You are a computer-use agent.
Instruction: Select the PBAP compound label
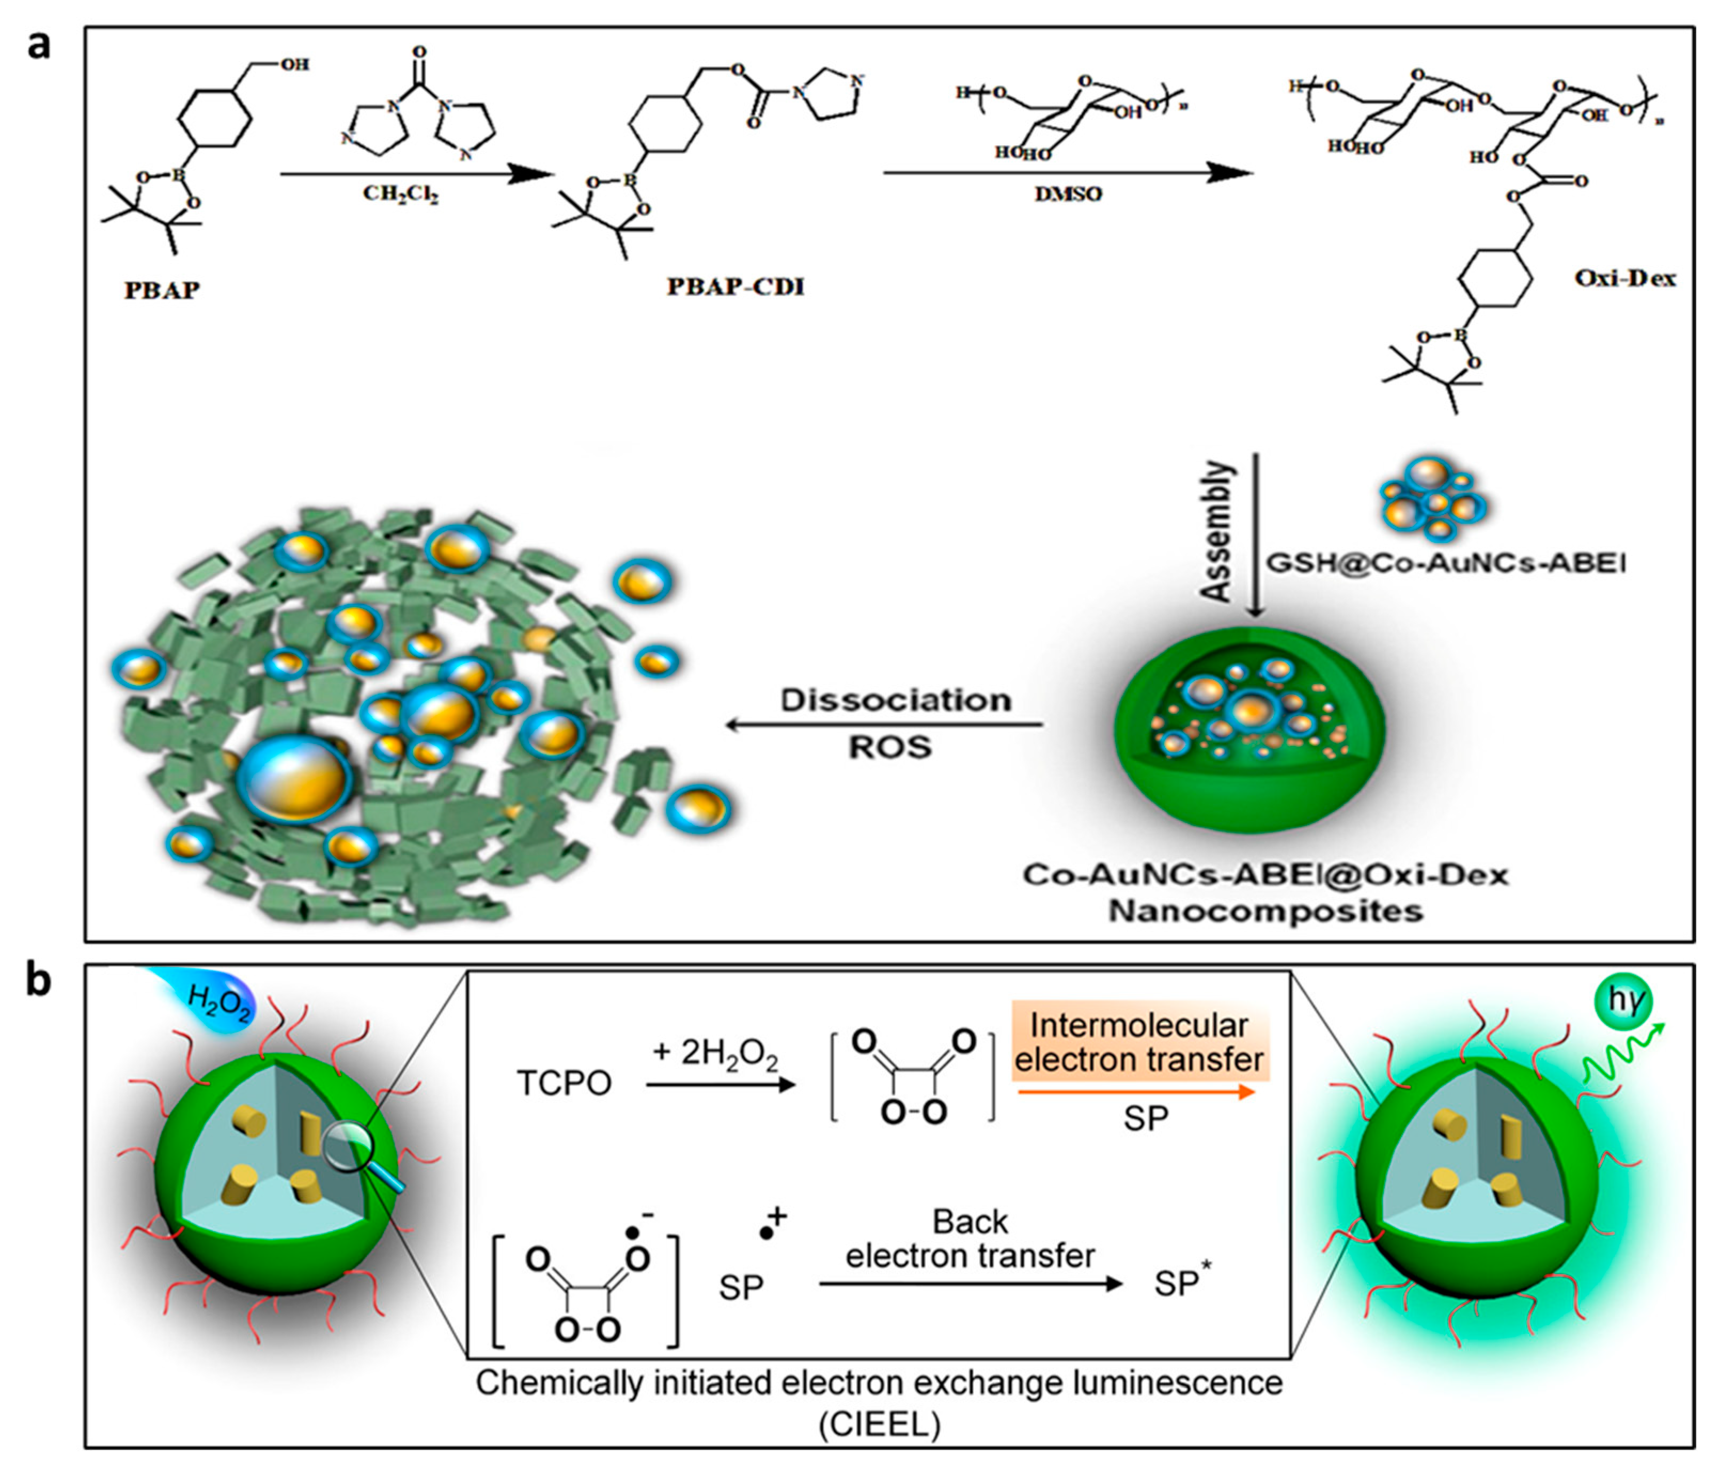pyautogui.click(x=162, y=290)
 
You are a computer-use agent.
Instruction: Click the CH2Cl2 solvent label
pyautogui.click(x=400, y=194)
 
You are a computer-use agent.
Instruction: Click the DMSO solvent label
pyautogui.click(x=1067, y=194)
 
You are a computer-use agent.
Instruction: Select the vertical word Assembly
pyautogui.click(x=1216, y=531)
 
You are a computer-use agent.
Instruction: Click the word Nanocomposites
pyautogui.click(x=1264, y=911)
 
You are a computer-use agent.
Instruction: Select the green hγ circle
pyautogui.click(x=1623, y=1000)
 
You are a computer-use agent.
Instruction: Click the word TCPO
pyautogui.click(x=564, y=1083)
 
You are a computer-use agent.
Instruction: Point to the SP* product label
pyautogui.click(x=1181, y=1284)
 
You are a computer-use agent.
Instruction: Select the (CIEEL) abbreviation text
pyautogui.click(x=879, y=1424)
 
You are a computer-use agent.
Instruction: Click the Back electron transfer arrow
pyautogui.click(x=971, y=1284)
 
